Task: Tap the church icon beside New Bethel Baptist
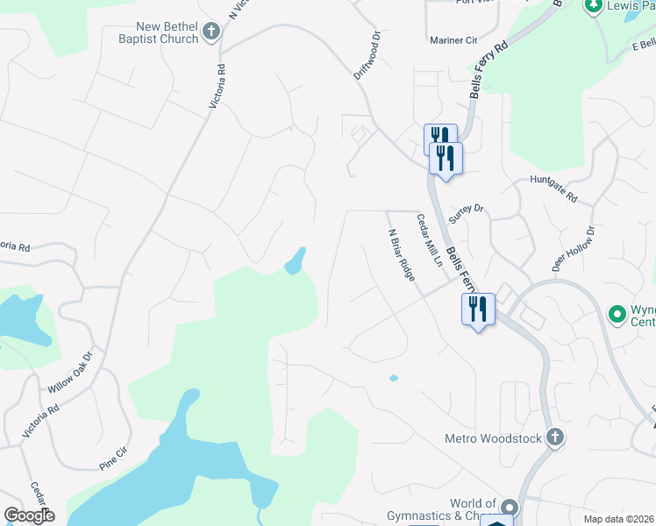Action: pos(210,32)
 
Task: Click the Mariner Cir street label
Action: pos(453,40)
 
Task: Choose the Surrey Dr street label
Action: pos(466,212)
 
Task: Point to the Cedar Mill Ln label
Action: pos(428,241)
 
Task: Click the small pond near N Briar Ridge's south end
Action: pos(393,379)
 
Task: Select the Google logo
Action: pos(29,515)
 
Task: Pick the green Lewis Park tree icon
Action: pos(593,5)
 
